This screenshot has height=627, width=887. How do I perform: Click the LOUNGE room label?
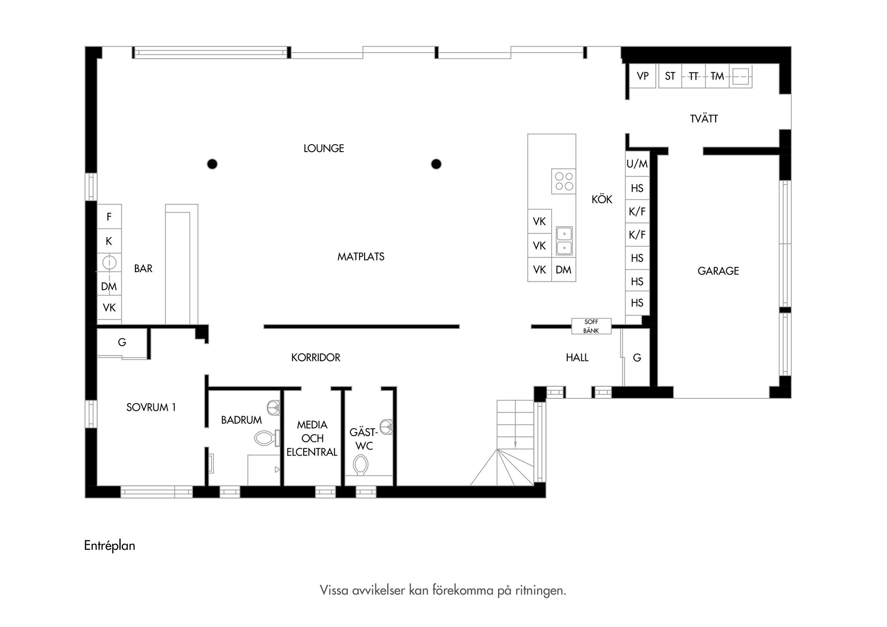click(323, 148)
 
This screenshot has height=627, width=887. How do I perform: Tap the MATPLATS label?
click(360, 256)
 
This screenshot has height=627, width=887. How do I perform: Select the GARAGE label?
click(718, 271)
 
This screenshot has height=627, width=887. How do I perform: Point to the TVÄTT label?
click(704, 119)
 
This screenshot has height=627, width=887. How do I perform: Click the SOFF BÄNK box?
click(591, 326)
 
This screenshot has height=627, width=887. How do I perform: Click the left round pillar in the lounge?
click(212, 164)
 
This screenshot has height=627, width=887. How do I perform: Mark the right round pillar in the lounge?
click(436, 164)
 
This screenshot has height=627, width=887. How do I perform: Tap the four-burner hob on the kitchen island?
click(564, 181)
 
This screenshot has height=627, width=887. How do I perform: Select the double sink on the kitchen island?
click(564, 241)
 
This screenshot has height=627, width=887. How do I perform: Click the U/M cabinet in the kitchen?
click(637, 164)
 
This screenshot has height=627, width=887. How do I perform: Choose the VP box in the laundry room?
click(643, 76)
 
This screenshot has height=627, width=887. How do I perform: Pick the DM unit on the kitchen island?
click(564, 270)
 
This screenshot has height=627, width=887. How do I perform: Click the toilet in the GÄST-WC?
click(360, 464)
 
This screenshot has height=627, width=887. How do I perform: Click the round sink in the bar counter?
click(109, 263)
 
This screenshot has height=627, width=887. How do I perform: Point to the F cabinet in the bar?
click(109, 217)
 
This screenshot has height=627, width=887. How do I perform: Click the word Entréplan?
click(109, 546)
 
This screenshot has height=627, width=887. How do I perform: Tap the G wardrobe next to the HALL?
click(637, 358)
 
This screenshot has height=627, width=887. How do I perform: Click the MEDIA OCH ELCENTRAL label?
click(312, 438)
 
